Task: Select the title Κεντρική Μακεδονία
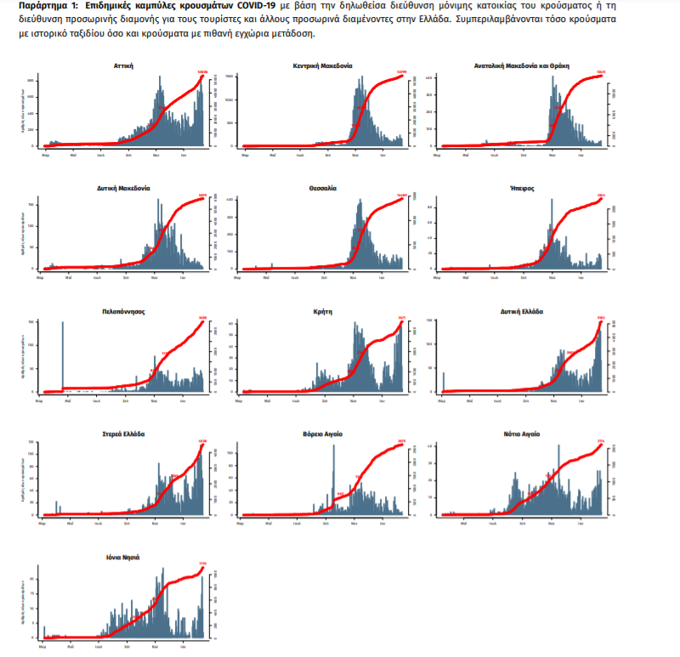[x=323, y=65]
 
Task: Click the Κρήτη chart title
[x=323, y=311]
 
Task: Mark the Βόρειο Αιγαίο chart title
[x=323, y=433]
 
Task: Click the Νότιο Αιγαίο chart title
[x=523, y=433]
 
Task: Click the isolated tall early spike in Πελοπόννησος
[x=64, y=357]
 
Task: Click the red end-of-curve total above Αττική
[x=202, y=71]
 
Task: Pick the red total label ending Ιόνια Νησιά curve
[x=202, y=563]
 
